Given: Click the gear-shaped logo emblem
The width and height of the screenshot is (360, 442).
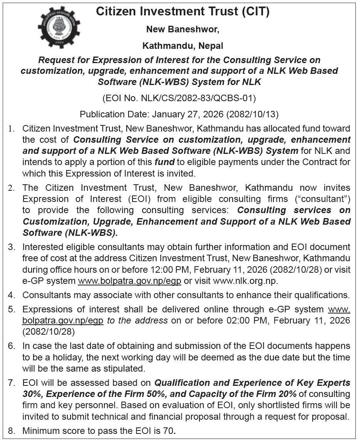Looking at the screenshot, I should [59, 27].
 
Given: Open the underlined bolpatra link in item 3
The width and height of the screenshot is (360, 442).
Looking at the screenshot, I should [130, 281].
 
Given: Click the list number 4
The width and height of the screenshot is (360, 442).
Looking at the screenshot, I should [12, 295].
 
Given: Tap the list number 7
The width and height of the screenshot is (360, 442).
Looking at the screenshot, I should [12, 383].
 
